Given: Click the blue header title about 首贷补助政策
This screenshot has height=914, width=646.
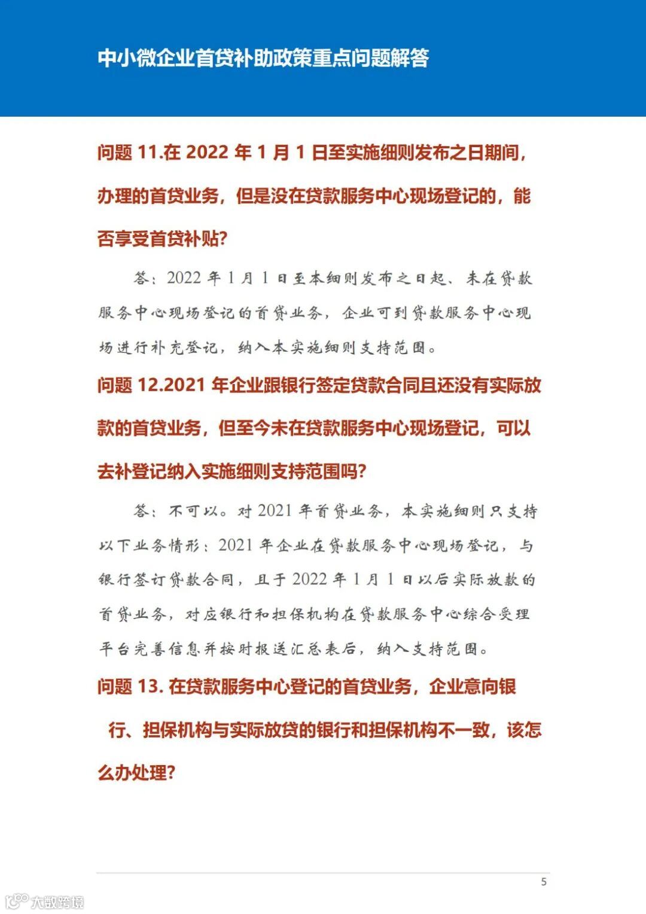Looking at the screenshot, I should [x=263, y=58].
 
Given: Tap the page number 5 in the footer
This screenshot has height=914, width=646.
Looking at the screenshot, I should [x=544, y=882].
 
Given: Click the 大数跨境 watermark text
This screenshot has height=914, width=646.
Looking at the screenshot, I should [x=57, y=902].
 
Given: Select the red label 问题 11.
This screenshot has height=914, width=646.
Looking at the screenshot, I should [x=130, y=153].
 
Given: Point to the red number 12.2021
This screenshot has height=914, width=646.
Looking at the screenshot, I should [x=171, y=385].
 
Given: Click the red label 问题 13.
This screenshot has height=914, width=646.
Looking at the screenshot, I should [x=130, y=687].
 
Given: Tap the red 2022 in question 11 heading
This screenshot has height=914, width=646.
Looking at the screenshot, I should [x=207, y=153].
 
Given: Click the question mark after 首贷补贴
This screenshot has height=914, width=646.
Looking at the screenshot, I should [x=223, y=239].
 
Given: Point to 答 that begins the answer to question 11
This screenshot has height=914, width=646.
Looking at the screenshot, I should [x=142, y=279].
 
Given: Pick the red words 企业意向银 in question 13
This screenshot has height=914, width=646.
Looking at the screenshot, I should [x=473, y=687].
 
